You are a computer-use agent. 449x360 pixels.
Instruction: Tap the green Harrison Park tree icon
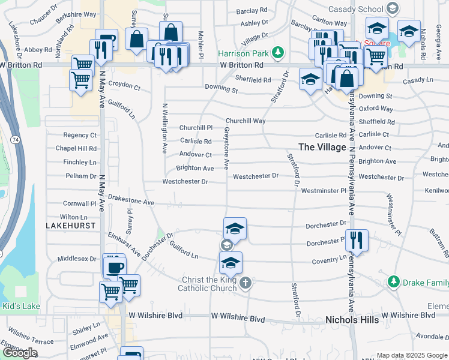coord(277,52)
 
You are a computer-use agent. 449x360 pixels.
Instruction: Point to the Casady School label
coord(356,10)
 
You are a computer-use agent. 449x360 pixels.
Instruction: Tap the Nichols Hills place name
coord(352,320)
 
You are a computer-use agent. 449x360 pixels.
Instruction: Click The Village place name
coord(322,147)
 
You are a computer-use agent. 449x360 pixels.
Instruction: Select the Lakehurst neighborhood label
coord(68,224)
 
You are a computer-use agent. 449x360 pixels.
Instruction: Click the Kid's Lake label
coord(21,307)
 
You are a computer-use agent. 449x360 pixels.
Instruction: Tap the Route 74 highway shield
coord(14,139)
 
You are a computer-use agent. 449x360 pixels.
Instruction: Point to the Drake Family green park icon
coord(393,281)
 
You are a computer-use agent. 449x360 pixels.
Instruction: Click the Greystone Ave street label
coord(228,148)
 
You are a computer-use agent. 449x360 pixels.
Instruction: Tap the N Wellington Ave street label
coord(164,128)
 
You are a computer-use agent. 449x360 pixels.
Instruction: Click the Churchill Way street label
coord(246,121)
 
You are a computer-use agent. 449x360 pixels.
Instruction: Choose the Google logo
coord(20,353)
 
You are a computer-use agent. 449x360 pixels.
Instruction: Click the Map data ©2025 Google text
coord(411,355)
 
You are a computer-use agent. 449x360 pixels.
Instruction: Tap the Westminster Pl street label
coord(324,191)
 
